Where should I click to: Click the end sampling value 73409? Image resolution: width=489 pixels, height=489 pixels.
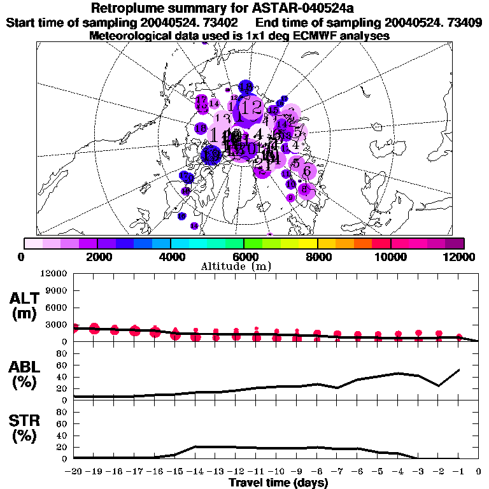click(462, 23)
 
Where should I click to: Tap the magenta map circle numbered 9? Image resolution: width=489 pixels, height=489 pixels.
click(290, 198)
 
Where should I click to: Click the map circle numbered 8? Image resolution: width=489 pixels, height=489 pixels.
click(306, 189)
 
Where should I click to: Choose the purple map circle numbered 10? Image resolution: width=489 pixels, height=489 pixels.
click(290, 184)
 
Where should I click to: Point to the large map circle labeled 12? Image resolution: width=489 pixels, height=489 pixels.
click(253, 107)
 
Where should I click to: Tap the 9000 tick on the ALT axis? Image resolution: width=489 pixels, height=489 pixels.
click(56, 291)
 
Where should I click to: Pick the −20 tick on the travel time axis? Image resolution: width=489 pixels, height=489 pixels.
click(73, 472)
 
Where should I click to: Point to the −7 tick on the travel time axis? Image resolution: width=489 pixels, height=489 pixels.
click(337, 472)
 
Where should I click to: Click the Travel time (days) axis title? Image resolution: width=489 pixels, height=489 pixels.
click(278, 483)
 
